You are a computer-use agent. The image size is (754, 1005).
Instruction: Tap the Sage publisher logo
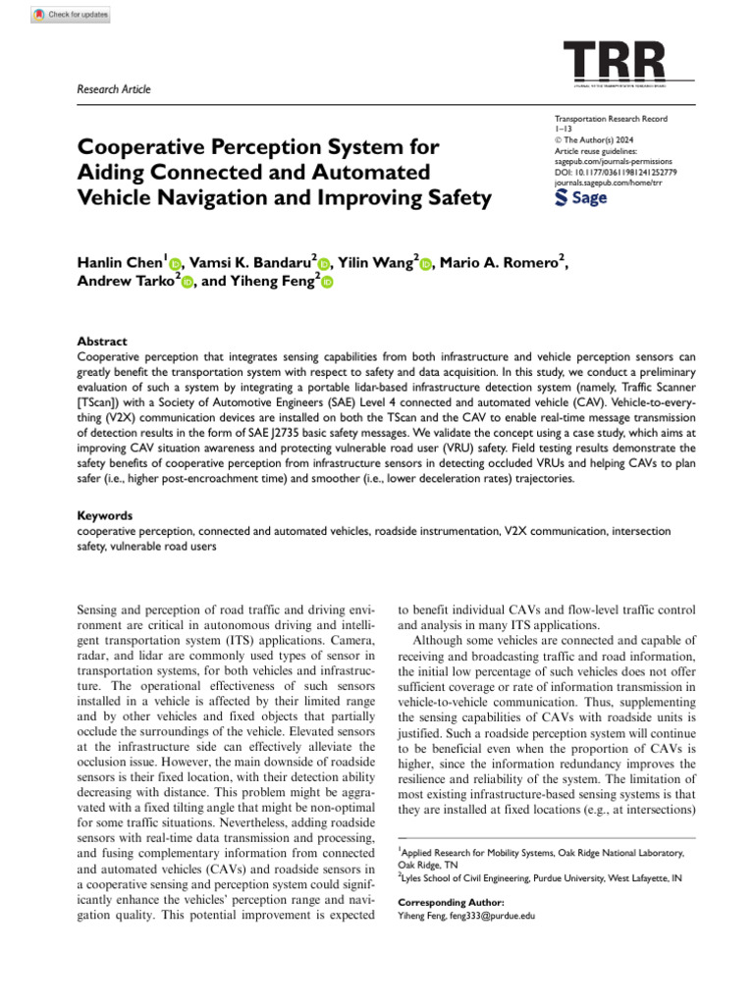(x=581, y=198)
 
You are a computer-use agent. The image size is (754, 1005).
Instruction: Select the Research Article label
(x=114, y=89)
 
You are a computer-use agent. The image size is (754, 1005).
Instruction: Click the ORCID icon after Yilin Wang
(x=426, y=263)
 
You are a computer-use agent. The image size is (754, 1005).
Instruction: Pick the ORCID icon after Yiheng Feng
(x=327, y=283)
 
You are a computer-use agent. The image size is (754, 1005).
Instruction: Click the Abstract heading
(x=101, y=343)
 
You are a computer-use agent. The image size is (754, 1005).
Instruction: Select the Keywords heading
(x=105, y=514)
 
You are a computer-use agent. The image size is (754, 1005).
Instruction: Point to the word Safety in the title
(x=457, y=197)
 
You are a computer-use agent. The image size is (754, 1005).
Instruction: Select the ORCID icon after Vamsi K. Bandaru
(x=323, y=263)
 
